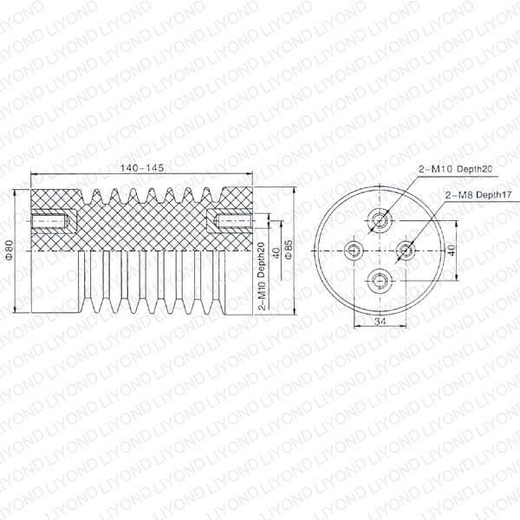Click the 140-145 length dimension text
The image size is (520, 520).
(142, 168)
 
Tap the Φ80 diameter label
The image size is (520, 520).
(10, 250)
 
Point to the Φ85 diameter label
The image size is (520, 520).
(289, 250)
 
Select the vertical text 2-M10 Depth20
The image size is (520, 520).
(262, 276)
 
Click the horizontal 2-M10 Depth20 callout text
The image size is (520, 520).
(455, 169)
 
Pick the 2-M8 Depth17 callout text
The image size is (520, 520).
(478, 195)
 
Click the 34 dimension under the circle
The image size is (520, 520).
(380, 321)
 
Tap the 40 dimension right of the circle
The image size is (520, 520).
(452, 250)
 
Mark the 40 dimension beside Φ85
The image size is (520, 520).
(276, 253)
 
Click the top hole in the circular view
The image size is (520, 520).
(380, 220)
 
